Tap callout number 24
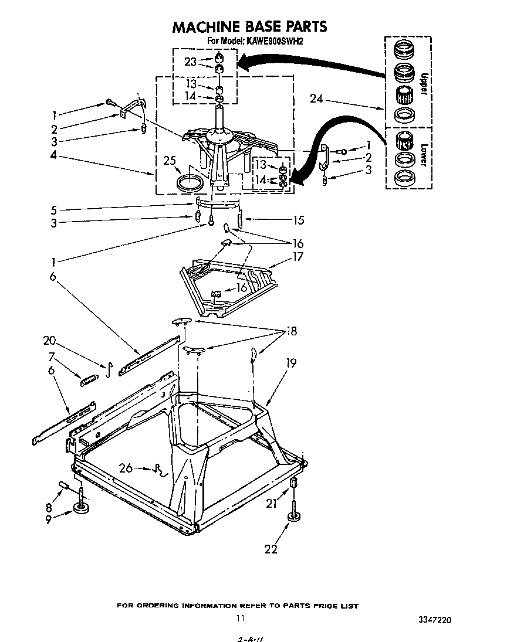pyautogui.click(x=316, y=98)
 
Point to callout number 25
pyautogui.click(x=170, y=160)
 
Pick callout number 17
pyautogui.click(x=298, y=256)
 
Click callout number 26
pyautogui.click(x=125, y=468)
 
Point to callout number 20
pyautogui.click(x=49, y=341)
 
